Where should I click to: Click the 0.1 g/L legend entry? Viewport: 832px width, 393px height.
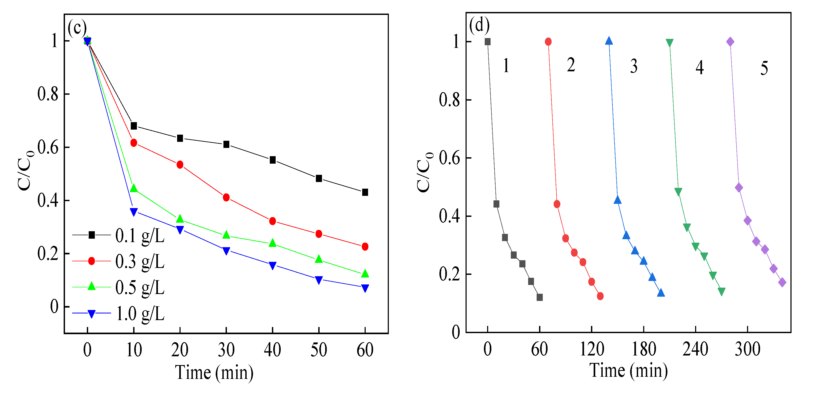tap(140, 235)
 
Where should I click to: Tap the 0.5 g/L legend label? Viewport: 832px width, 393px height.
tap(140, 287)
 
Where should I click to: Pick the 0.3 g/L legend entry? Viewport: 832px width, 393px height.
tap(140, 261)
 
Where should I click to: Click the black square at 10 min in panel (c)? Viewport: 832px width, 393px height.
tap(134, 126)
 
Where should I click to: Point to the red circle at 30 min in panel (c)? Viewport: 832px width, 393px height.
tap(226, 197)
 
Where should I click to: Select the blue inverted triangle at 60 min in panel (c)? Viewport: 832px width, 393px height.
tap(365, 288)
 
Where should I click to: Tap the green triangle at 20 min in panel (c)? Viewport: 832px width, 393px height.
tap(180, 219)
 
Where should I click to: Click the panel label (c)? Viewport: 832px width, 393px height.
tap(77, 27)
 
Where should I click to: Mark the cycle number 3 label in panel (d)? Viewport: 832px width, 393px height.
tap(634, 67)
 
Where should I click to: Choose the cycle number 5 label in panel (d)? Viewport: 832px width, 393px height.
tap(764, 68)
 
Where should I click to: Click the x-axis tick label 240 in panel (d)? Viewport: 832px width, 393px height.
tap(695, 349)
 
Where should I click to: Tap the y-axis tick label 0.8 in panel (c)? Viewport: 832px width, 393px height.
tap(48, 94)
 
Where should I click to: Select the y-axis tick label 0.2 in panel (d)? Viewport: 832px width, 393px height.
tap(449, 274)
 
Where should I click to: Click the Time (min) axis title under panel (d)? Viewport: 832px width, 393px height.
tap(629, 370)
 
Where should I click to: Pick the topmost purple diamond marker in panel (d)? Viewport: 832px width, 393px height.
tap(730, 42)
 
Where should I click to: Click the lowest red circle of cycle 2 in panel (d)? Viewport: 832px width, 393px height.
tap(600, 296)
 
